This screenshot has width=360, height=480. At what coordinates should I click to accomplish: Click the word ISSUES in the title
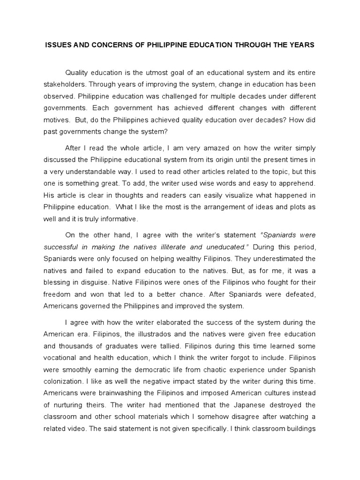57,45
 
